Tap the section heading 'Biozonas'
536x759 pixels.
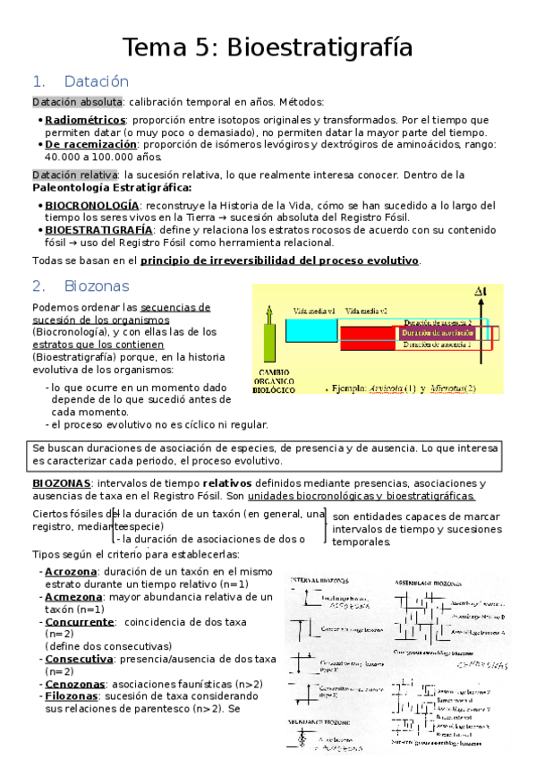[x=97, y=286]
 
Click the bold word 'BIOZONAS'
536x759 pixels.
[x=59, y=482]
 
